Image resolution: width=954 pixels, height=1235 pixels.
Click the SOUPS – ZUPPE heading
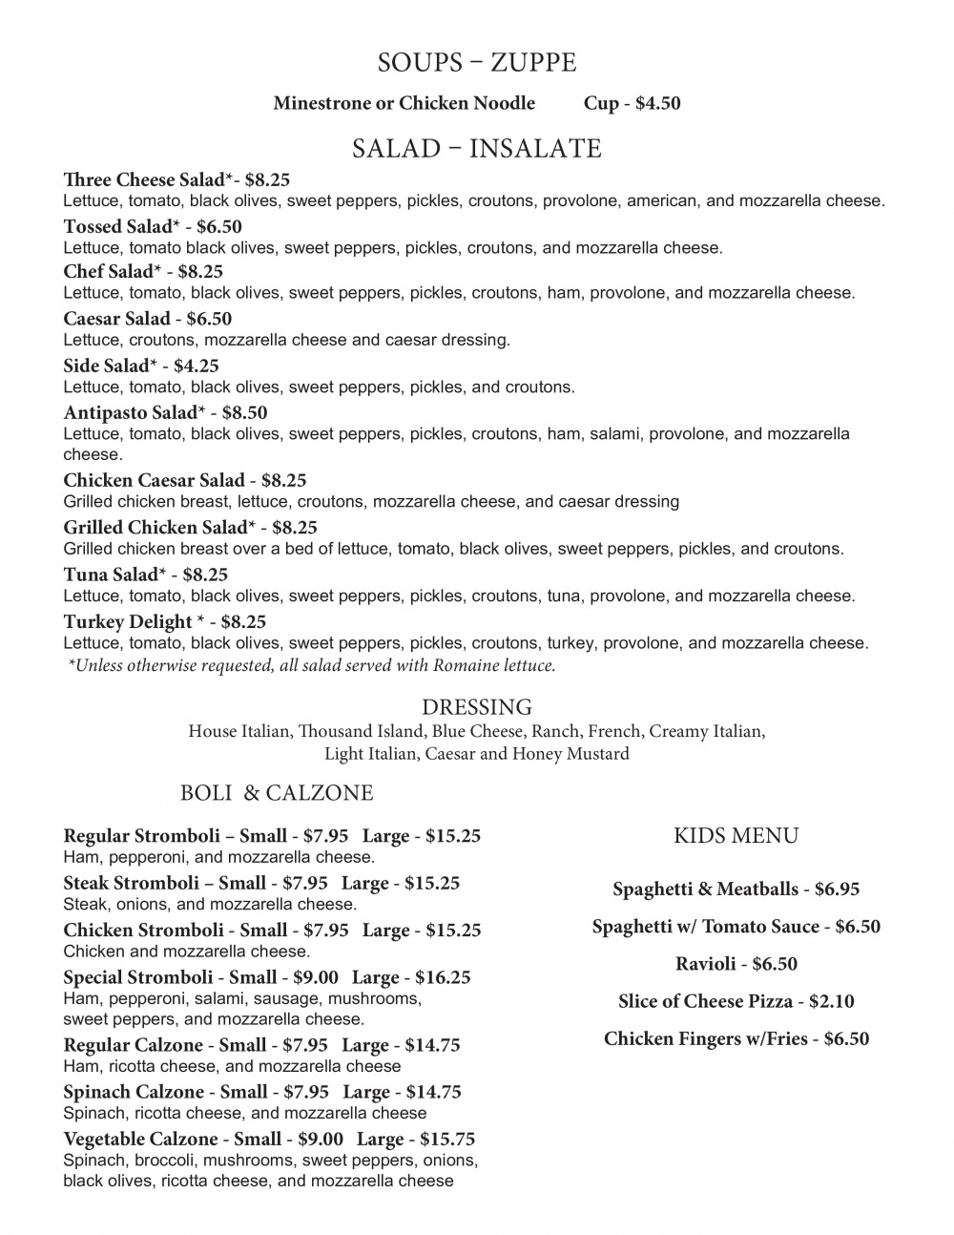(477, 63)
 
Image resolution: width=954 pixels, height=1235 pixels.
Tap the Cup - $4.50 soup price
(632, 103)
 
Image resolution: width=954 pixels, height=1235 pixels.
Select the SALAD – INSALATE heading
(477, 149)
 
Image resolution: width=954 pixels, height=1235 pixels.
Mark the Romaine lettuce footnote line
(312, 665)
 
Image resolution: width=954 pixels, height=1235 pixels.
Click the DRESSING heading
(477, 707)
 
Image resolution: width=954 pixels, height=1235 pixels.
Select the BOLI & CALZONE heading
(277, 793)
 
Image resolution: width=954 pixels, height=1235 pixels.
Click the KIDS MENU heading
(736, 836)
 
